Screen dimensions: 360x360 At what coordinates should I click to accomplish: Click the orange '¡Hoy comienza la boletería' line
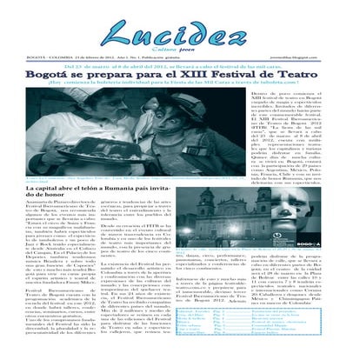[x=174, y=85]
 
